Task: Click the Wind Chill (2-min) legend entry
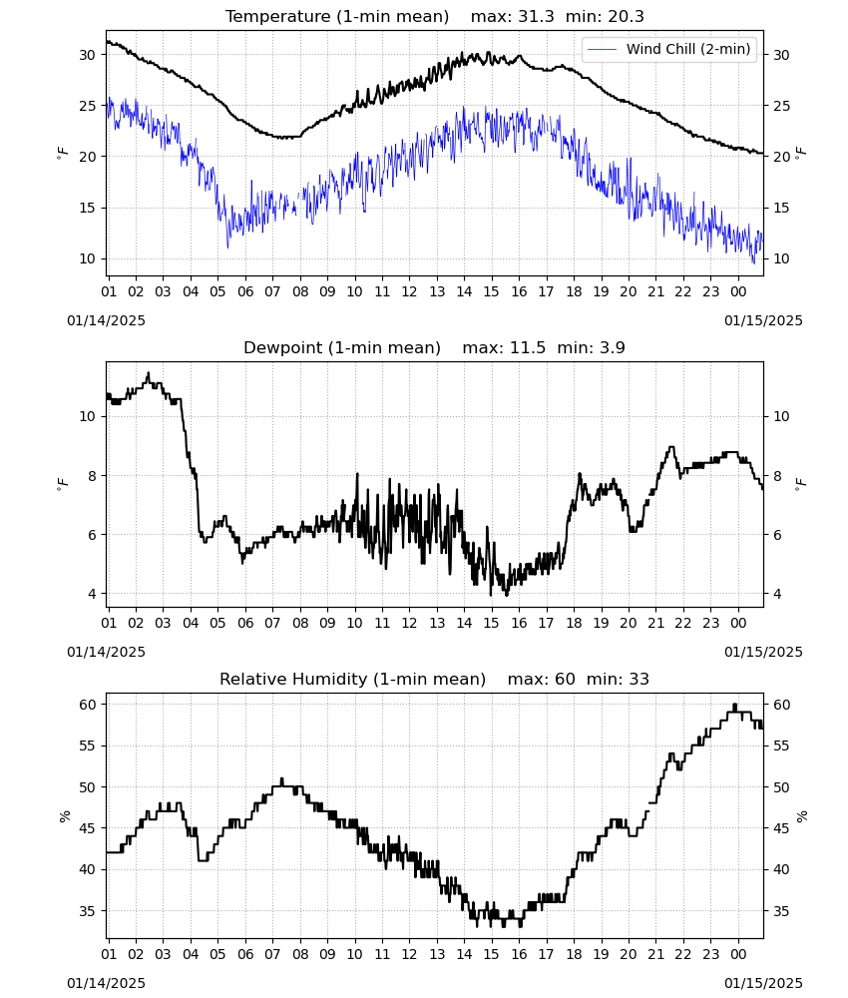tap(669, 49)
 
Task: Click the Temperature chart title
tap(435, 16)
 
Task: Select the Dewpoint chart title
tap(435, 347)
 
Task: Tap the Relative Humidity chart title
tap(435, 679)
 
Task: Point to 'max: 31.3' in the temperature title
tap(512, 16)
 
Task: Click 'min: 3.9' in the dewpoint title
tap(591, 347)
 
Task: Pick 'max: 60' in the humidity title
tap(542, 679)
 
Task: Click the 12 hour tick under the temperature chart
tap(409, 291)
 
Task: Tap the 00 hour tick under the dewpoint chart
tap(738, 623)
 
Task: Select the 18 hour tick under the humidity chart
tap(574, 955)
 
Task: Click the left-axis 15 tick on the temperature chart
tap(87, 208)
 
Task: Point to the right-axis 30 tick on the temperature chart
tap(781, 55)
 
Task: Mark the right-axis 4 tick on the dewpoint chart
tap(777, 594)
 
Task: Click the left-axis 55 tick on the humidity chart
tap(87, 746)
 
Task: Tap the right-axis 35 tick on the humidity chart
tap(781, 911)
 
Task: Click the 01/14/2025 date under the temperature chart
tap(106, 320)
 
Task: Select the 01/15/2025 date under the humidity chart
tap(763, 983)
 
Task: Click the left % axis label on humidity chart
tap(64, 816)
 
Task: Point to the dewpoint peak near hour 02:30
tap(149, 373)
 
